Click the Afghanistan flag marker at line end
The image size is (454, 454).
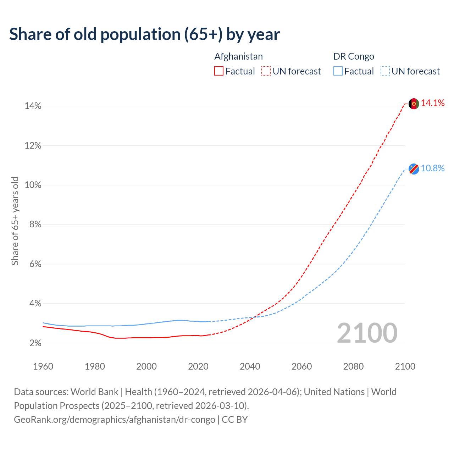point(414,104)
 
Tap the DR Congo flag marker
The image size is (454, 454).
point(414,169)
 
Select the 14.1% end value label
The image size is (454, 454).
point(433,103)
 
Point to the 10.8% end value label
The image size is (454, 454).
point(433,168)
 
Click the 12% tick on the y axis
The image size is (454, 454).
point(33,146)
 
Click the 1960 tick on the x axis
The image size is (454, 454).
point(43,366)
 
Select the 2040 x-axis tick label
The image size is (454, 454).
point(250,366)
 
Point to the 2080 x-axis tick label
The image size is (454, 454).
point(353,366)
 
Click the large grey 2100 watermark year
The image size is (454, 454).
point(367,333)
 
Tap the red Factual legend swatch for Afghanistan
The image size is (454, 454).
point(219,71)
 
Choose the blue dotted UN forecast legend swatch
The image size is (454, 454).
point(385,71)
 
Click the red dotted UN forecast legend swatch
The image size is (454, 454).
point(266,71)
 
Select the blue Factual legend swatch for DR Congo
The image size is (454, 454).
point(338,71)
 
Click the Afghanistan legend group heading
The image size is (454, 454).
point(239,56)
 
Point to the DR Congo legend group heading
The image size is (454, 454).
point(354,56)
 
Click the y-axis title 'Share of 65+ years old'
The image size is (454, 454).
point(15,221)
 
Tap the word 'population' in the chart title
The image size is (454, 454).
point(135,35)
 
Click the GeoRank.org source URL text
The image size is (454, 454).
point(115,420)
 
